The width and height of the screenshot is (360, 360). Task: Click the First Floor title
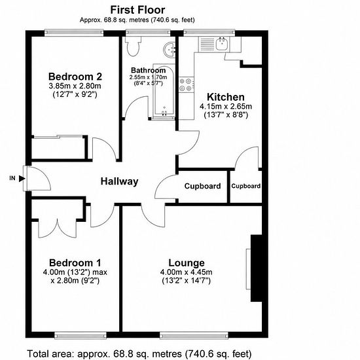coord(137,10)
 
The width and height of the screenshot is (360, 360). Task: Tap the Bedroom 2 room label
coord(75,77)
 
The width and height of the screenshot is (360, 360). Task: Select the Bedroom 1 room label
coord(75,263)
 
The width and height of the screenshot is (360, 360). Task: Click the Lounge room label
coord(187,263)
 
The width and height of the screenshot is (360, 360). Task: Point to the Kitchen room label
coord(226,97)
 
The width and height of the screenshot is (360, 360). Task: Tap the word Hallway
coord(119,181)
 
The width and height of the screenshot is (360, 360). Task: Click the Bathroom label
coord(149,70)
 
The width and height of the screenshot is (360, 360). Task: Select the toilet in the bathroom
coord(133,46)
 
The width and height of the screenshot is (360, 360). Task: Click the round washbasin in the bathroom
coord(170,50)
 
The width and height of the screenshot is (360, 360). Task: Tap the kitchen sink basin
coord(221,44)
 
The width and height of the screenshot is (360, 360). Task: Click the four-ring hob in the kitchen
coord(186,84)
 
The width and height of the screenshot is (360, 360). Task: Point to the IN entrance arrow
coord(22,179)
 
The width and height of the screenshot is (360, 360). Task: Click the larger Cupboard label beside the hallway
coord(202,186)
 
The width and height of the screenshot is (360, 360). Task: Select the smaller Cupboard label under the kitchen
coord(246,186)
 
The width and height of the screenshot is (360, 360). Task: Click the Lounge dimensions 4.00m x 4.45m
coord(186,272)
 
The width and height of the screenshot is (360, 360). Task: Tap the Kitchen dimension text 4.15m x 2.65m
coord(226,107)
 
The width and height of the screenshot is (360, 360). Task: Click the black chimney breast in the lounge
coord(256,268)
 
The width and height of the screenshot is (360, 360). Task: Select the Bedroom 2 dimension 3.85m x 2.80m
coord(75,86)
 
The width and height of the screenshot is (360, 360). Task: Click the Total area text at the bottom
coord(139,354)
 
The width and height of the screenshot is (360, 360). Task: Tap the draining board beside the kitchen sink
coord(207,44)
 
